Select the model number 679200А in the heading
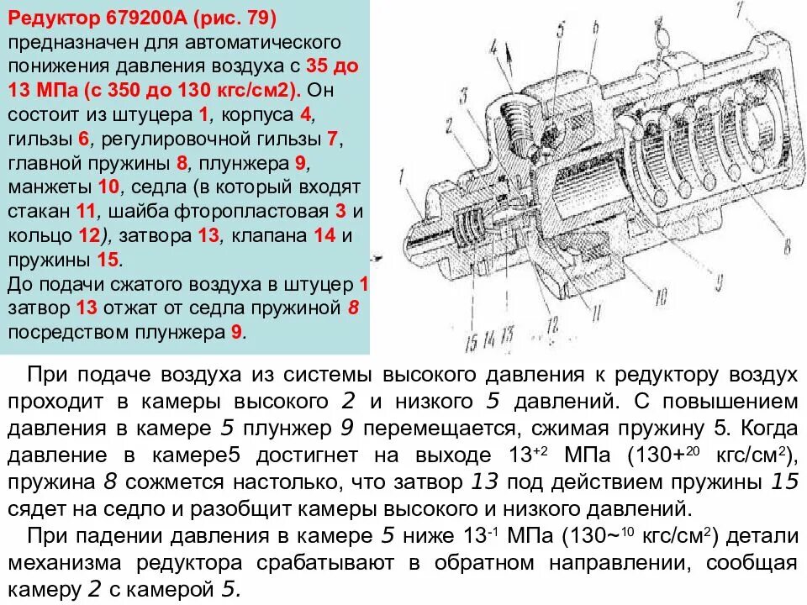(142, 18)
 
